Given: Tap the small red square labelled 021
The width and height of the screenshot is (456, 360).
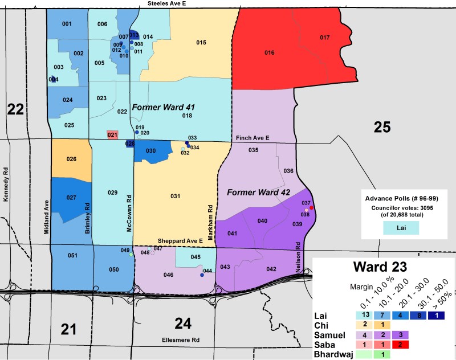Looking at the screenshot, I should (x=112, y=135).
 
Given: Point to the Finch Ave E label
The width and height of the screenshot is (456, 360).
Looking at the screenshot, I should (x=253, y=138).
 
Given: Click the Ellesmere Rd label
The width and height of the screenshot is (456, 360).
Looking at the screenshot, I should (x=180, y=341).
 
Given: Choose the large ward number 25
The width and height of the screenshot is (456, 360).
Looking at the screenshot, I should (x=382, y=127).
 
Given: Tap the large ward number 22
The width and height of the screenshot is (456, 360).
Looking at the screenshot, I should (x=15, y=109).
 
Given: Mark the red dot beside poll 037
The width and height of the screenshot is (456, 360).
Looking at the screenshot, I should (x=311, y=208).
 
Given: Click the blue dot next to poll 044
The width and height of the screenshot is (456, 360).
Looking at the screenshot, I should (x=202, y=275).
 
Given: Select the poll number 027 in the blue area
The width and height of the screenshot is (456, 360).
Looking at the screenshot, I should (x=71, y=198).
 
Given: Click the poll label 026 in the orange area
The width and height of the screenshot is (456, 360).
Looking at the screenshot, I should (x=71, y=159).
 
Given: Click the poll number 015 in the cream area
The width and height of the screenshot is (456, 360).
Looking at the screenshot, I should (x=201, y=43).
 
